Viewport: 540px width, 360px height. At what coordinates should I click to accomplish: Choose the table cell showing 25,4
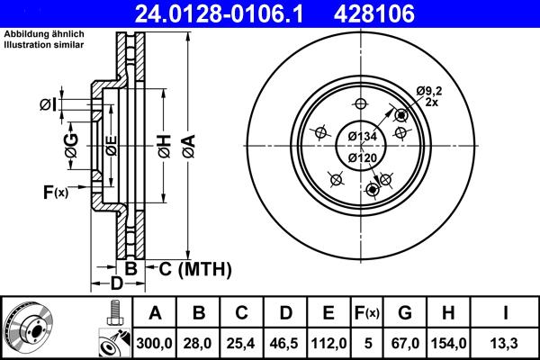[241, 342]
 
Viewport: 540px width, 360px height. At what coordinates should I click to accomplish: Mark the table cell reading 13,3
[506, 342]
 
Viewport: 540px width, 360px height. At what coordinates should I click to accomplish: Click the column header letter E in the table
[328, 313]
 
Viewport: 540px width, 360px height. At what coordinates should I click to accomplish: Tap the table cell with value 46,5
[284, 342]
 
